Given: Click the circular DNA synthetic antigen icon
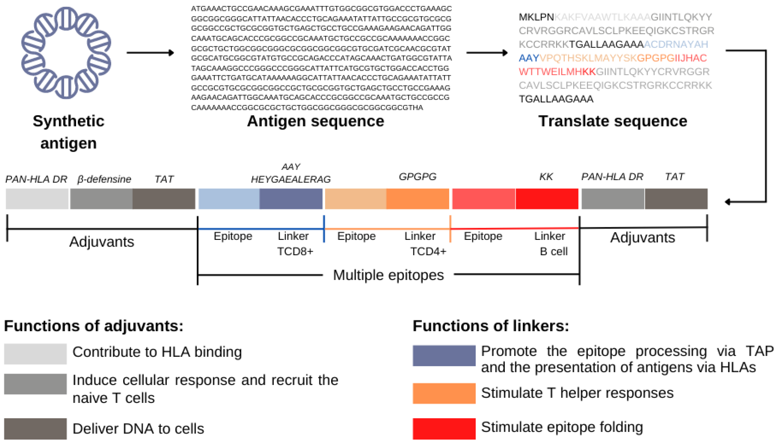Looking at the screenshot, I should [66, 53].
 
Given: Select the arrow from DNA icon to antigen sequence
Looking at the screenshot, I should [150, 53].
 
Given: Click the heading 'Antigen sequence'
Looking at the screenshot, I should [315, 121].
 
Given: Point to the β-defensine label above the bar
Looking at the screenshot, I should [104, 179].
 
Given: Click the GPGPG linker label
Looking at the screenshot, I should [418, 177].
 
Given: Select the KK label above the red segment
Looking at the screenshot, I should [546, 177].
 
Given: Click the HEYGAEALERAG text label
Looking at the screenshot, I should [291, 180].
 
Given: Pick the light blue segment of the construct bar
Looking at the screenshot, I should [229, 199].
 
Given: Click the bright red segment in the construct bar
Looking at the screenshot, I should [547, 199].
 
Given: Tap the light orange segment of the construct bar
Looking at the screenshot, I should [356, 199].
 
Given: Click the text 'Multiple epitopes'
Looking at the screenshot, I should [388, 275].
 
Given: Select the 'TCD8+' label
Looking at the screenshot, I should [295, 252].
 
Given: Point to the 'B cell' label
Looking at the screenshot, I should [553, 252].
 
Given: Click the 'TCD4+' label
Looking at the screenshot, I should [428, 252].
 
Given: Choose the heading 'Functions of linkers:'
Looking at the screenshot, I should [491, 326].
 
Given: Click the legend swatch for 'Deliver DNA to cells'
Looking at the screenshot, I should [36, 429].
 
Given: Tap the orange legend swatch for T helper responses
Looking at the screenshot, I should [444, 393].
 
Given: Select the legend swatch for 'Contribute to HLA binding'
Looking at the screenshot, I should [36, 354].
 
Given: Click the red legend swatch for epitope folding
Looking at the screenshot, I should [444, 429].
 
